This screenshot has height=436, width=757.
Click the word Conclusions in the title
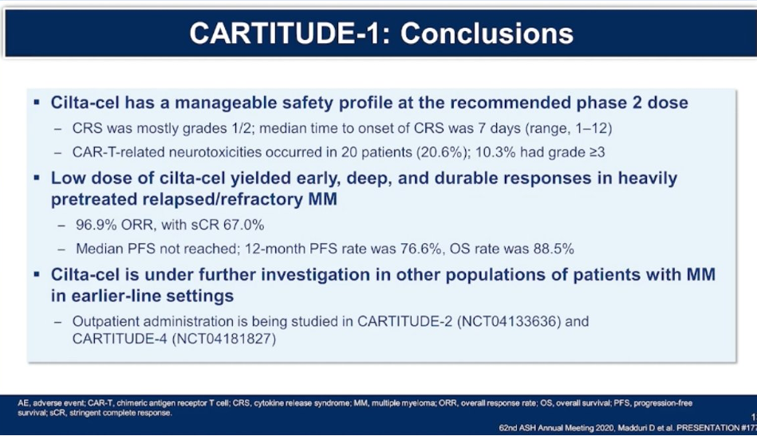pos(487,33)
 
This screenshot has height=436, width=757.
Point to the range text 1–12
pos(592,128)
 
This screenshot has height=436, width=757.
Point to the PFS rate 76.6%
pos(420,249)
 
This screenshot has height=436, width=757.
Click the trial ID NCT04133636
pos(509,321)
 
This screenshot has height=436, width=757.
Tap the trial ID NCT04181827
pos(224,339)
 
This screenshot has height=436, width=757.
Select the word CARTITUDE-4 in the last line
pos(120,339)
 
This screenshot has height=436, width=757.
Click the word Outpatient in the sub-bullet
pos(104,321)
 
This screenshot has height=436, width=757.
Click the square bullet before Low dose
pos(37,178)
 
